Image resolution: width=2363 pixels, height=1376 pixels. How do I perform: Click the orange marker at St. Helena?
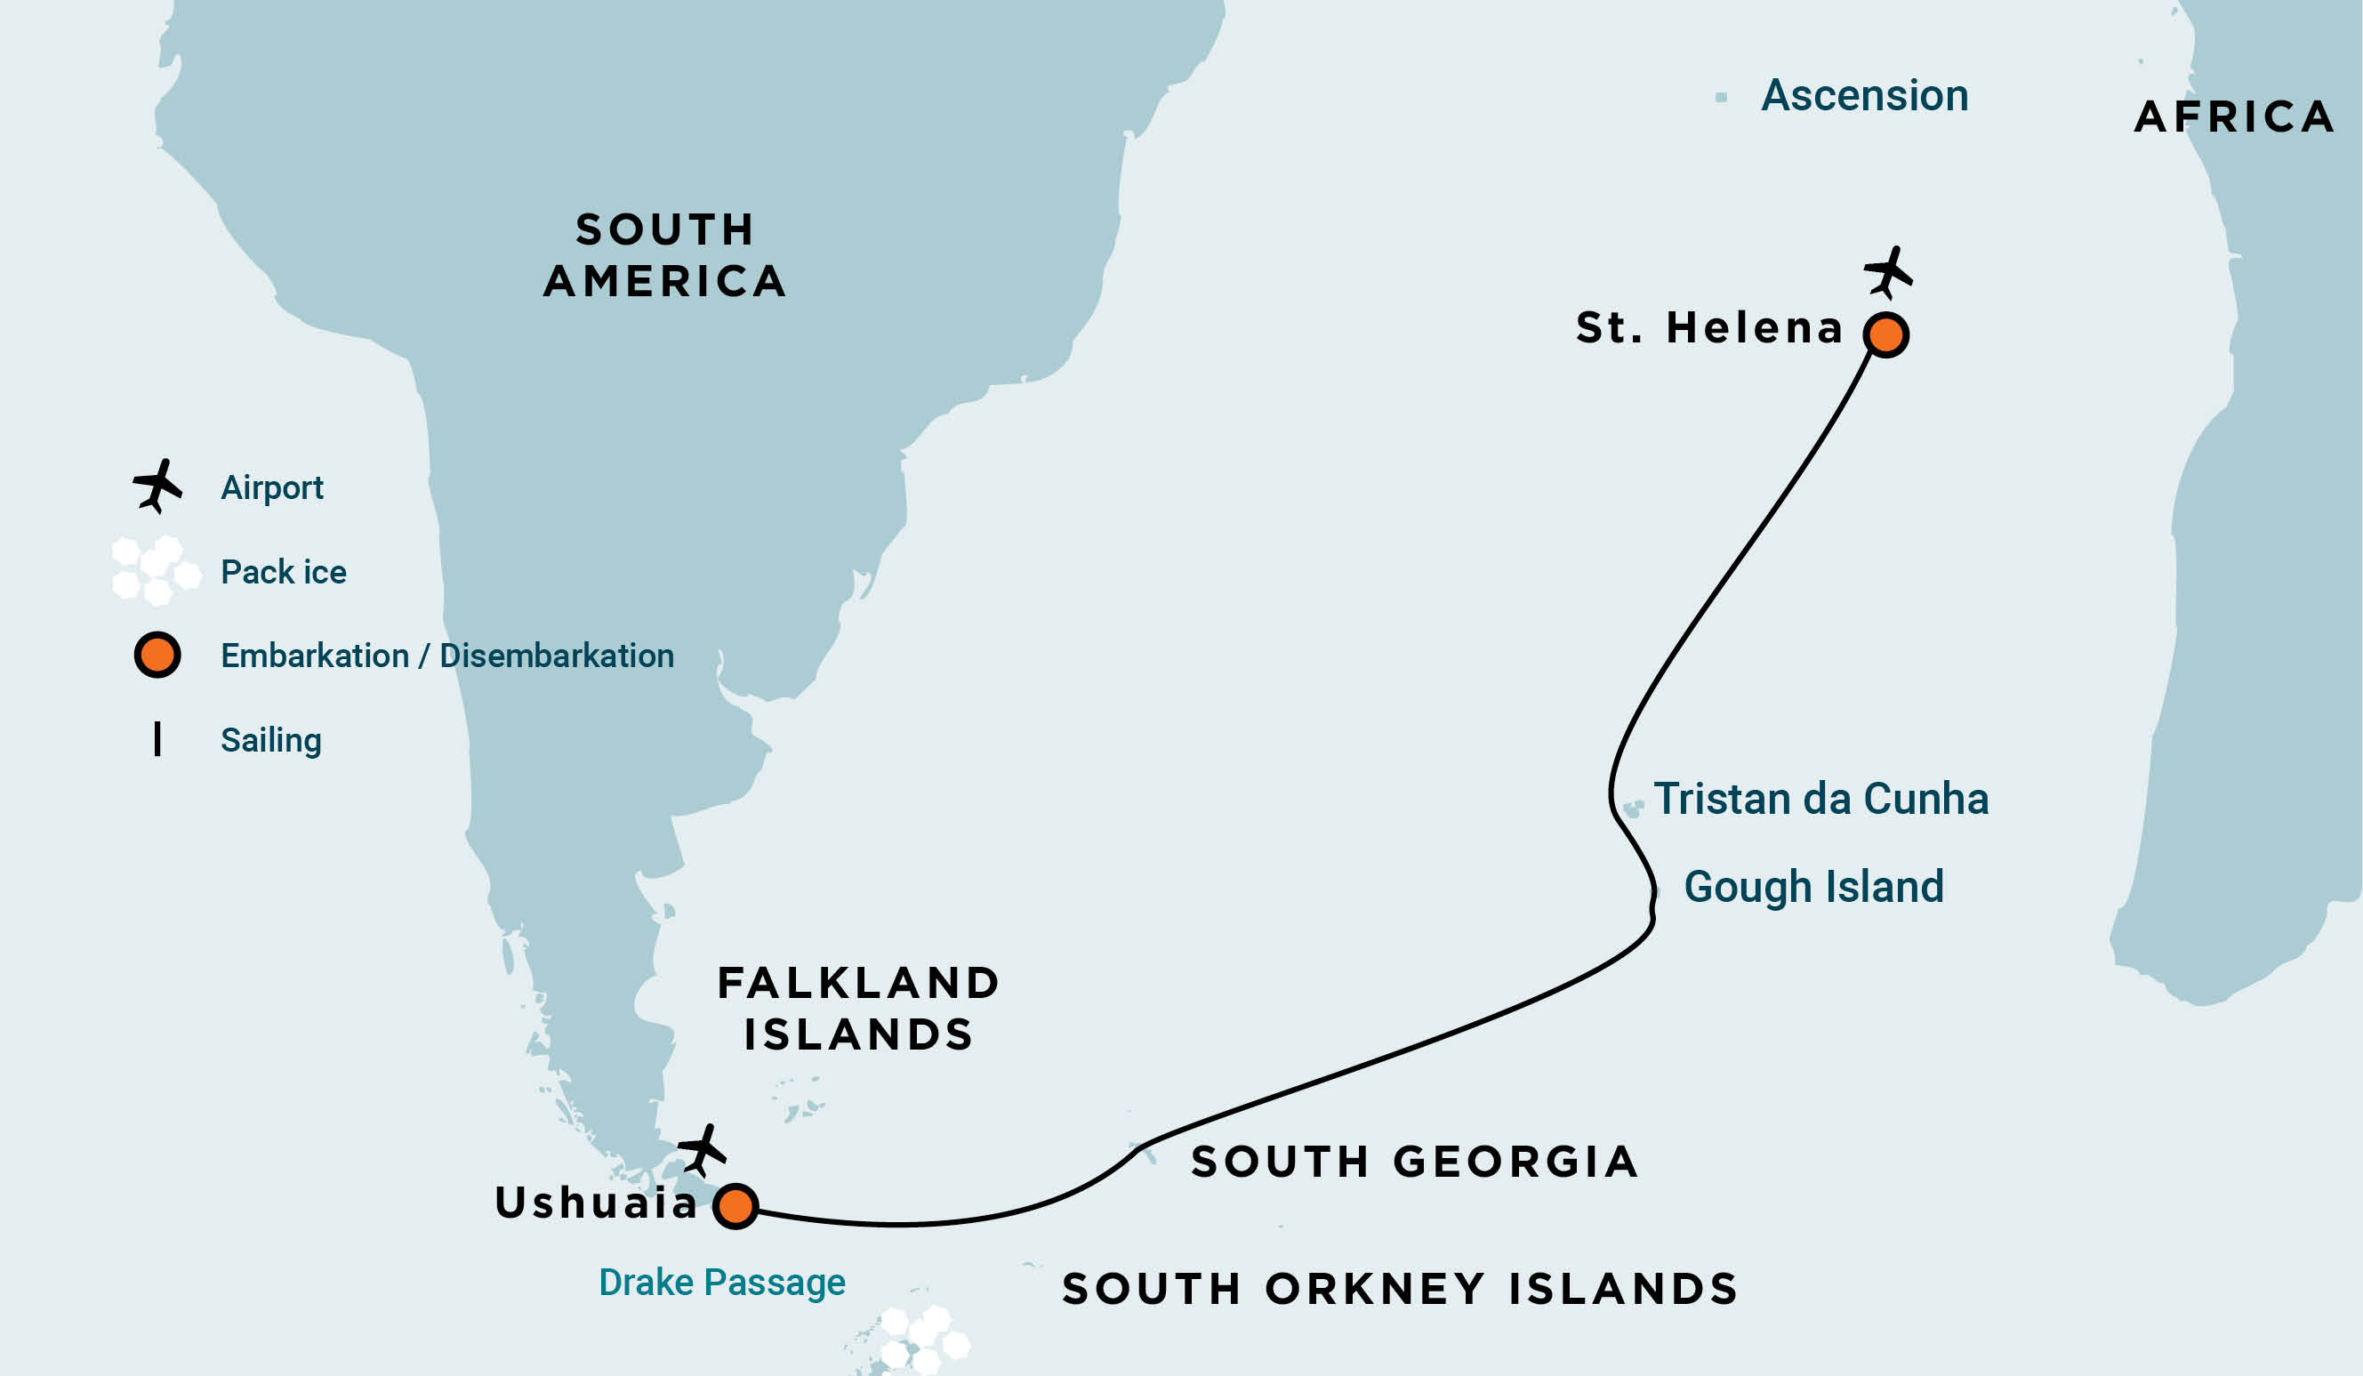pos(1885,334)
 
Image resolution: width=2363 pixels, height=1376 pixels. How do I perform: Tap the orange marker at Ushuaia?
pos(735,1206)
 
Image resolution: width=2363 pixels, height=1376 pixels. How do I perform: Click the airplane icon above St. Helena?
pos(1887,273)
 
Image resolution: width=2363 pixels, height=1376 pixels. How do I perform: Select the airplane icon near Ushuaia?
pos(702,1150)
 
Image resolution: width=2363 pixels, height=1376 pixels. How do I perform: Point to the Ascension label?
pos(1864,96)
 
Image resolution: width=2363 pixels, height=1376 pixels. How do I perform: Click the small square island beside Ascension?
pos(1721,98)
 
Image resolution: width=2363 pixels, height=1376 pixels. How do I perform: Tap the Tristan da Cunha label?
pos(1820,799)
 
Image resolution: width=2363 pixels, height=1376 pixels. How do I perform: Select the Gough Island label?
pos(1813,888)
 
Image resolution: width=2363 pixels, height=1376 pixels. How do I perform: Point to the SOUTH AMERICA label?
pos(665,255)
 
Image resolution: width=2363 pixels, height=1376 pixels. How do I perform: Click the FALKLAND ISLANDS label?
pos(858,1010)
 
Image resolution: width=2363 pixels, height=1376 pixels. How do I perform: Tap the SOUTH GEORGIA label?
pos(1414,1163)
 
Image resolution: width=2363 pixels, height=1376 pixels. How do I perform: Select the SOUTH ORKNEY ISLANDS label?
pos(1400,1290)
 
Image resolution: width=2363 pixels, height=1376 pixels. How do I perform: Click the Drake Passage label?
pos(722,1283)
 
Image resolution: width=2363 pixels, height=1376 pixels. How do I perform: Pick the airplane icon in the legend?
pos(157,486)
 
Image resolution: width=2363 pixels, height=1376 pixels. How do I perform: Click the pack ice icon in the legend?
pos(156,570)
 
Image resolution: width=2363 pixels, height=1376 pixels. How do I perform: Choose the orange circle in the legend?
pos(157,655)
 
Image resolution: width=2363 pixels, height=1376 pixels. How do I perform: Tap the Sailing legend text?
pos(271,740)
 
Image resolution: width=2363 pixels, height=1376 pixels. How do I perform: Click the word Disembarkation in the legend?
pos(556,656)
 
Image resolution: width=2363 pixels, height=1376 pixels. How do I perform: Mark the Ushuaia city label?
pos(597,1203)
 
